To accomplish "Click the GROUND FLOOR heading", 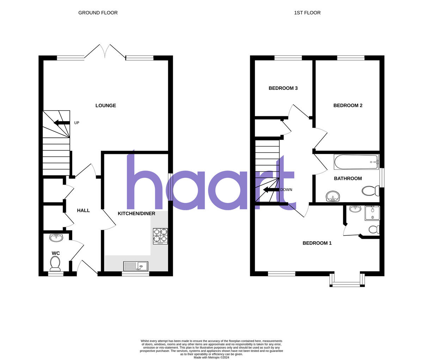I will (98, 13).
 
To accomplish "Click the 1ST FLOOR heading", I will (307, 13).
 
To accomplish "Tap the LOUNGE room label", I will (106, 106).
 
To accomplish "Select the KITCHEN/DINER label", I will (136, 213).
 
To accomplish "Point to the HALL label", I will (83, 210).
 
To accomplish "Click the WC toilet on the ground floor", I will (55, 262).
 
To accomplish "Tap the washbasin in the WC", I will (56, 238).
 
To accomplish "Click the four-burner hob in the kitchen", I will (160, 236).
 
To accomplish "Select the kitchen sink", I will (136, 266).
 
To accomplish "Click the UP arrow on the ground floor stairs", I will (61, 123).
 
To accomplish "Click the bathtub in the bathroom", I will (356, 162).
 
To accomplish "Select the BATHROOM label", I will (348, 179).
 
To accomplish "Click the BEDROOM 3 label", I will (283, 88).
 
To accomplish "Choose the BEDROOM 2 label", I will (348, 106).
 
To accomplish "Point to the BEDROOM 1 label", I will (317, 243).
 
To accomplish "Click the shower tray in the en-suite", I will (373, 213).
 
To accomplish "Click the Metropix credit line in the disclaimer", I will (211, 357).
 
